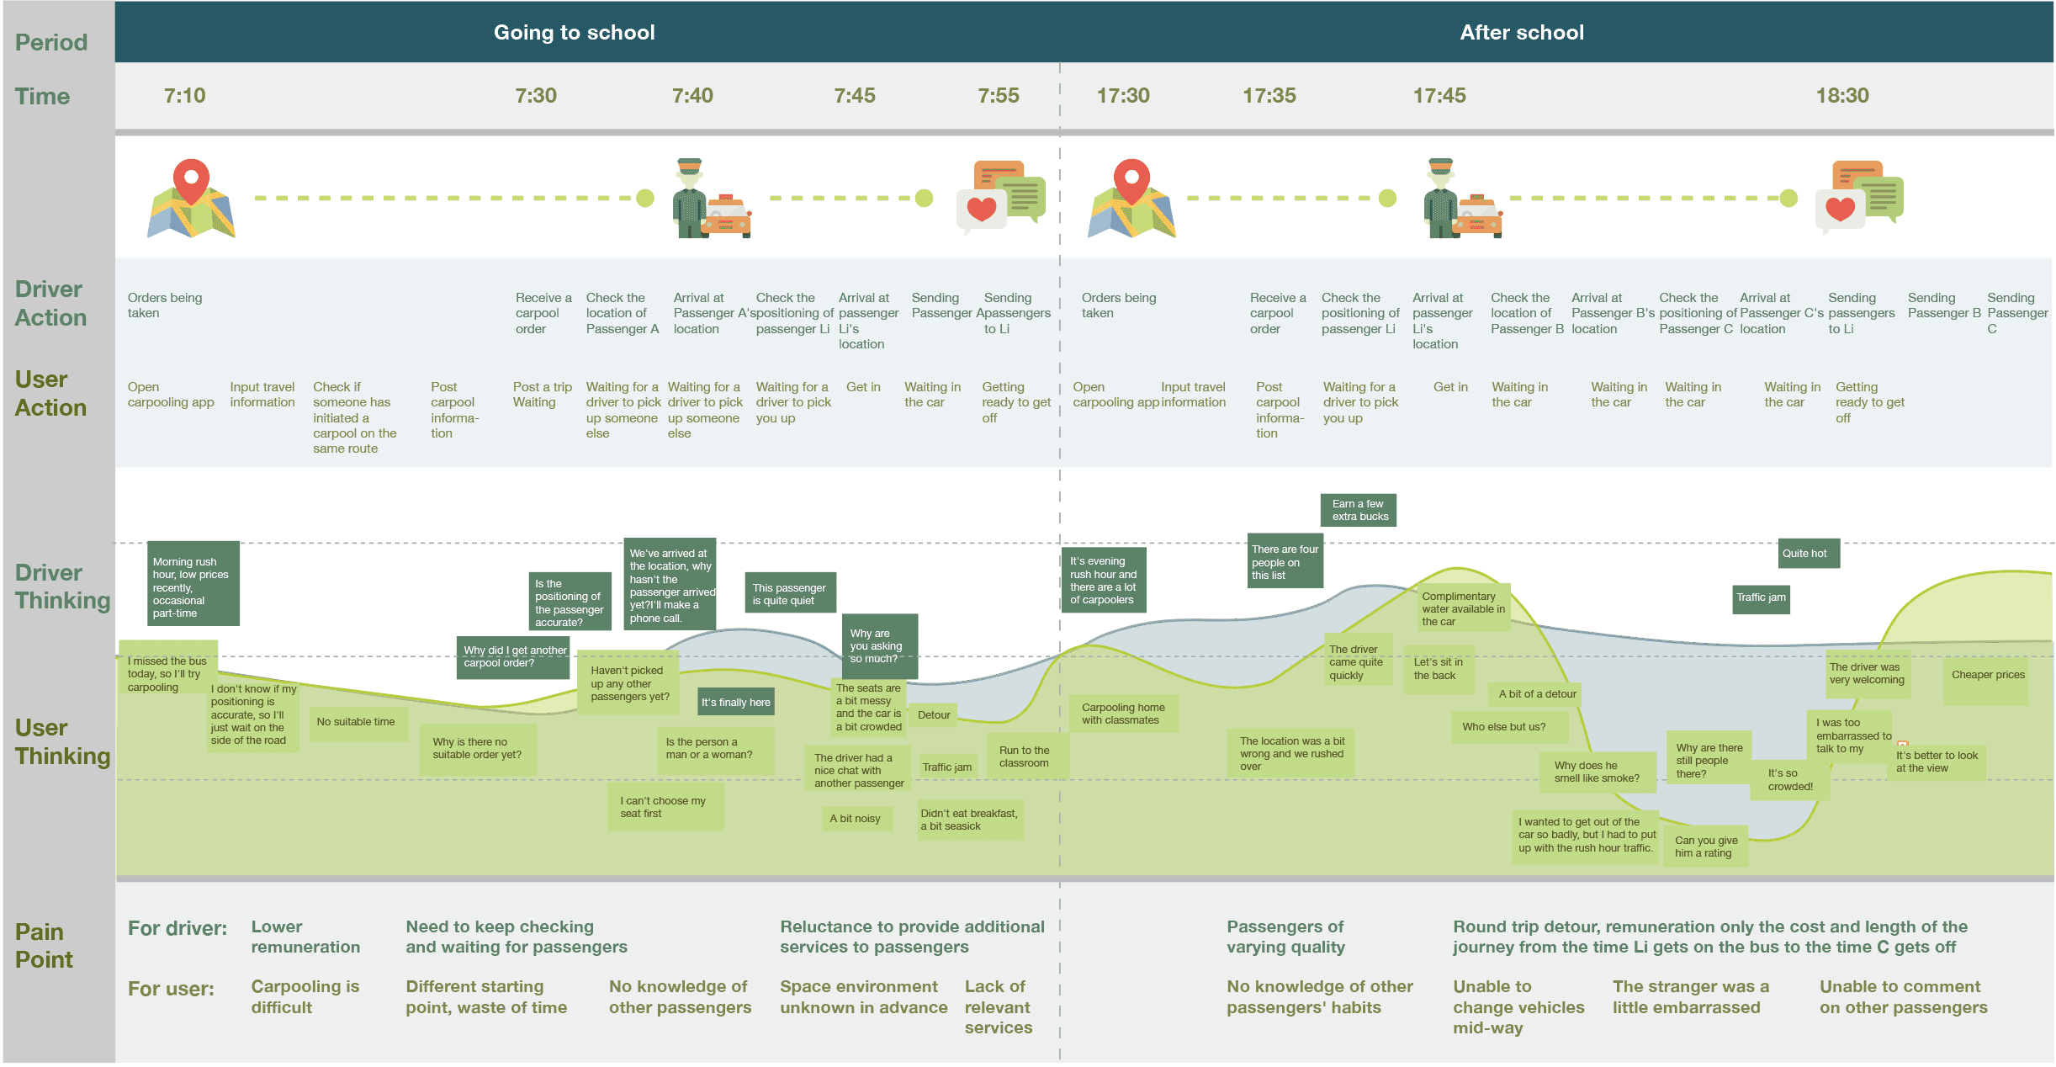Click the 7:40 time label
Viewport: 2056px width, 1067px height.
click(692, 96)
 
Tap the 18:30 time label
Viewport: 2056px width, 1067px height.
click(1842, 96)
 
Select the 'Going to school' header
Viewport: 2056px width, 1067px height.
click(574, 33)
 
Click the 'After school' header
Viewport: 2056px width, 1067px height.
click(1522, 33)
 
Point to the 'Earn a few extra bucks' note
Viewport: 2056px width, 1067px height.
click(1359, 510)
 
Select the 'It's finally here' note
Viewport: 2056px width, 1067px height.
click(736, 703)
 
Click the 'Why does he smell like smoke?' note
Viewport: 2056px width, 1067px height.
click(1598, 772)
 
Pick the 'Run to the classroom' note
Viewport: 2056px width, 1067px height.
click(1025, 756)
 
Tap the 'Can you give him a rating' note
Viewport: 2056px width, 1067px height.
click(1705, 847)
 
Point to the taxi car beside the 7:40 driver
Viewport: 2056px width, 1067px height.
click(728, 216)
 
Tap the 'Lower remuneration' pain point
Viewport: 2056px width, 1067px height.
click(305, 937)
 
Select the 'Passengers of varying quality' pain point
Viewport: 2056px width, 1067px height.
click(1285, 937)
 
